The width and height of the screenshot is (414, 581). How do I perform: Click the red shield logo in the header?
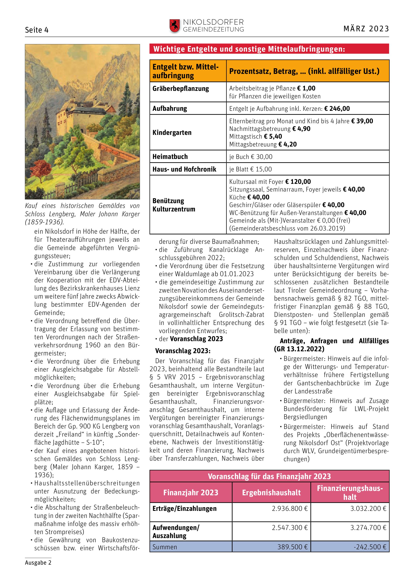coord(174,26)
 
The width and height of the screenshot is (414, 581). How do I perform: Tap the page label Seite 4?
coord(37,30)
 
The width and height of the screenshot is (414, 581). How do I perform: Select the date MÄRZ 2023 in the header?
coord(366,29)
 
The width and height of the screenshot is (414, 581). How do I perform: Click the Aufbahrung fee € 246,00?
coord(337,109)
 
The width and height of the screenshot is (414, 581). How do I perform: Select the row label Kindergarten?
coord(172,133)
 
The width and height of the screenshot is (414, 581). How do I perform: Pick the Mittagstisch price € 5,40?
coord(273,137)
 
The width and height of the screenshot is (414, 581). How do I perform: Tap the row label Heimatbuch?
coord(170,157)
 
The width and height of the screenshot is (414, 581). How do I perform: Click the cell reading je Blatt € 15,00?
coord(250,169)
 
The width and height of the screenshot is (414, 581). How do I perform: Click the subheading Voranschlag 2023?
coord(183,351)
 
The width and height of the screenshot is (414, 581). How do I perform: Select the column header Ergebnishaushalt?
coord(271,493)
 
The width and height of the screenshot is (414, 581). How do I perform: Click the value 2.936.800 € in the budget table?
coord(290,509)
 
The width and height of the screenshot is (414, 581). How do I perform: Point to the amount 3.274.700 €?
coord(368,528)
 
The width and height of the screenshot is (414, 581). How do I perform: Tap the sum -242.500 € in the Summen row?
coord(370,547)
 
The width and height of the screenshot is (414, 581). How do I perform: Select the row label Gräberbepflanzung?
coord(180,89)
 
